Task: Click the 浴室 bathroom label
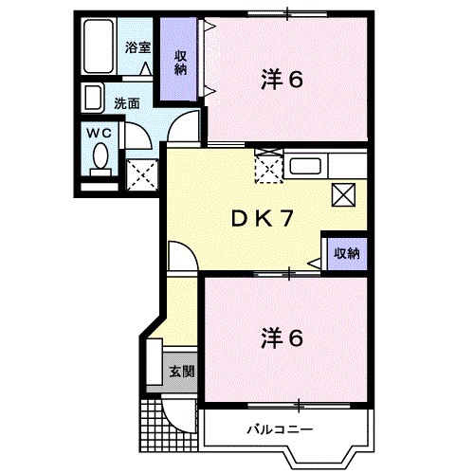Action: click(138, 46)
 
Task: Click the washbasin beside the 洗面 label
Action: click(93, 99)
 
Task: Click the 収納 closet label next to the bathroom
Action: click(180, 62)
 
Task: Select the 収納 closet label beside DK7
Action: click(346, 253)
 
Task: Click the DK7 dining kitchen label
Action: click(262, 219)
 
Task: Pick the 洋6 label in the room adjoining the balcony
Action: click(283, 337)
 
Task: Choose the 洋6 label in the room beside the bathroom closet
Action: click(283, 80)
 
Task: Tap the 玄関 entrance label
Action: click(181, 371)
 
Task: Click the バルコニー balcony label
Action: click(281, 428)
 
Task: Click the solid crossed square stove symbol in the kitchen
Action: click(343, 195)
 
